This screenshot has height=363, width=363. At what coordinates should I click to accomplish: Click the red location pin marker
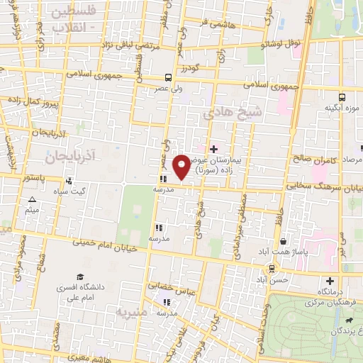coord(182,166)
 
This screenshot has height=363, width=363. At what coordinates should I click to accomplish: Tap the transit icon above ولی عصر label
coord(168,78)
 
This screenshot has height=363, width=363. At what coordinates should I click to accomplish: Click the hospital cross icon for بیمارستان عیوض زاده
coord(213,149)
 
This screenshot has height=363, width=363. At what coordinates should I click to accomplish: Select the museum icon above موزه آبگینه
coord(342,96)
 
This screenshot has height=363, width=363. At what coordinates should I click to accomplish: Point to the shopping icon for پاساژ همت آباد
coord(283,242)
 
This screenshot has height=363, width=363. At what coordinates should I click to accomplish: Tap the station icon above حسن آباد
coord(272,269)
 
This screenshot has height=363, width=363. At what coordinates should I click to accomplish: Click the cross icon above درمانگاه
coord(329,281)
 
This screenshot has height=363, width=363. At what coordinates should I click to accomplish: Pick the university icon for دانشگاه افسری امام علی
coord(79,277)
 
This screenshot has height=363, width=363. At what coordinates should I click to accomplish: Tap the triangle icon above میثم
coord(31,201)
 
